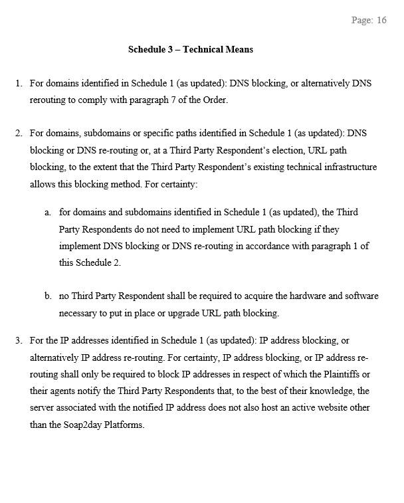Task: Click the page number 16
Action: coord(381,21)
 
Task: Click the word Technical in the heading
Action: coord(205,50)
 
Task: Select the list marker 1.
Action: coord(18,84)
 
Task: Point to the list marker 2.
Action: coord(18,133)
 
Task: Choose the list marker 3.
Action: coord(18,341)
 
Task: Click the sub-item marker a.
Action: coord(47,212)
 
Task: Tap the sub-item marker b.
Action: coord(47,296)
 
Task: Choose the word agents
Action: coord(65,391)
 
